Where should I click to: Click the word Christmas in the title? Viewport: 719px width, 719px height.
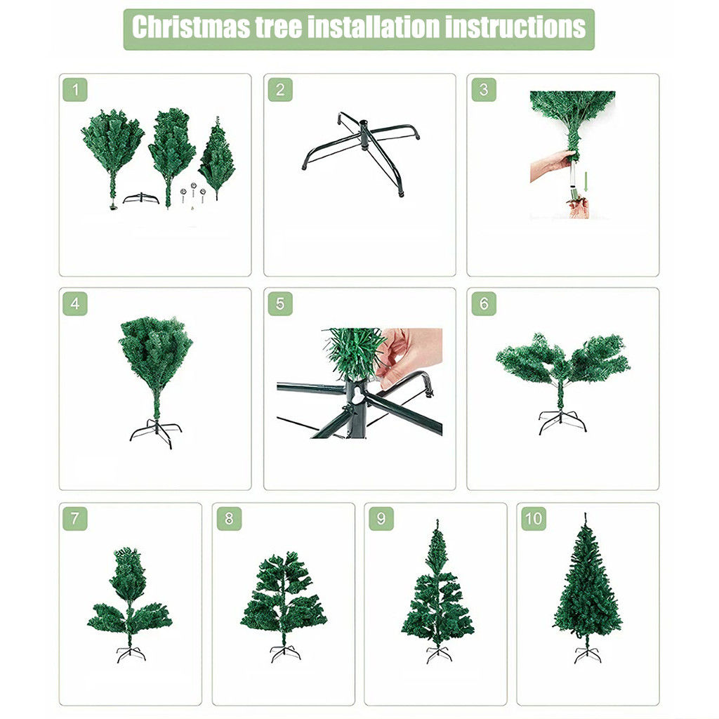pos(191,27)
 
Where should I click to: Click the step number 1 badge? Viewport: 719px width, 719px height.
pos(75,90)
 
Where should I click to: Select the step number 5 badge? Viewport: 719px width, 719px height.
pos(280,303)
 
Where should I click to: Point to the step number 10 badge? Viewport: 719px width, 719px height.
pos(534,519)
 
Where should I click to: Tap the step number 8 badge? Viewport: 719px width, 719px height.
pos(229,519)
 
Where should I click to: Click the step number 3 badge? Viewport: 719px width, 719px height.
pos(484,90)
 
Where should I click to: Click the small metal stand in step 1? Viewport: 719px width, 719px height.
pos(140,198)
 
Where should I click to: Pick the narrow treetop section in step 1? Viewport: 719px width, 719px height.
pos(217,158)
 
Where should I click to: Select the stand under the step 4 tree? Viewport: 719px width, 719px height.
pos(156,433)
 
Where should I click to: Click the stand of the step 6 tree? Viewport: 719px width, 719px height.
pos(562,422)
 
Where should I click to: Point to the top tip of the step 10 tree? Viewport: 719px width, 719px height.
pos(585,513)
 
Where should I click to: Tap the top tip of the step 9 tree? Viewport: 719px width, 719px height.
pos(437,520)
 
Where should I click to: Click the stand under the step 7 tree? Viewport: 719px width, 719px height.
pos(131,654)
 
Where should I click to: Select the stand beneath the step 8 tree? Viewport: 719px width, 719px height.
pos(285,654)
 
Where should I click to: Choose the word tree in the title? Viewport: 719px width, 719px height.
pos(278,27)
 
